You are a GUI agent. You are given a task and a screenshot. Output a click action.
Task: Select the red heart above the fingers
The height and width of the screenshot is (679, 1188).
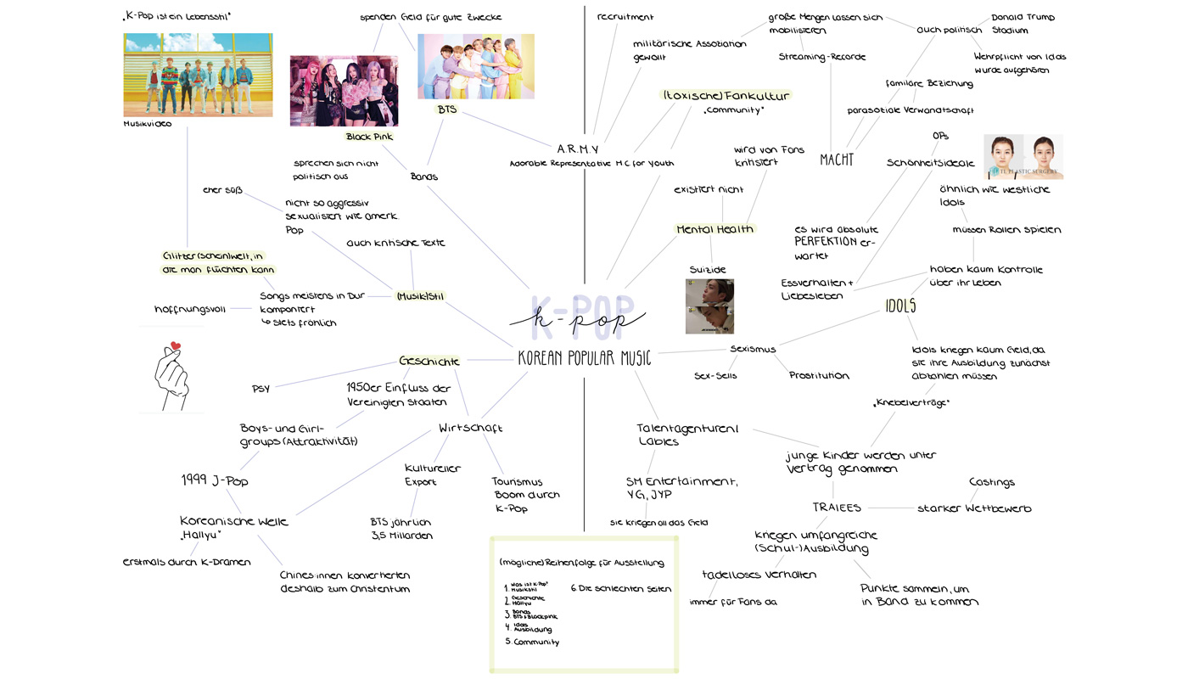[x=176, y=346]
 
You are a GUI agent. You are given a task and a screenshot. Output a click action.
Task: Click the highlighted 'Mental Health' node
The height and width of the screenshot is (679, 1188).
[x=714, y=229]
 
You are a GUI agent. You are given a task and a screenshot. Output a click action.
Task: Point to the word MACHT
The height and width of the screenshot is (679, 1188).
[x=837, y=160]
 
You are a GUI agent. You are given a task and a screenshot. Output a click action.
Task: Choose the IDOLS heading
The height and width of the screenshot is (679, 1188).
[x=900, y=306]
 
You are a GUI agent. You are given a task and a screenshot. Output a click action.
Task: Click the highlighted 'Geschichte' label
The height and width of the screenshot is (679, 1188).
[x=429, y=361]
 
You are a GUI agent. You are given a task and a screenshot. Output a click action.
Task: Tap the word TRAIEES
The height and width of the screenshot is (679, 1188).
[x=837, y=508]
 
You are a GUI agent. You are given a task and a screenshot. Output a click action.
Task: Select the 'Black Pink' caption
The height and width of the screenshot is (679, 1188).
[x=369, y=137]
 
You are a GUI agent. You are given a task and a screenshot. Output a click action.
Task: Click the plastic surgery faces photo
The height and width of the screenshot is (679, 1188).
[x=1023, y=156]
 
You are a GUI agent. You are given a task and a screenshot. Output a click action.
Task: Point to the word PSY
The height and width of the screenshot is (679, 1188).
[x=261, y=389]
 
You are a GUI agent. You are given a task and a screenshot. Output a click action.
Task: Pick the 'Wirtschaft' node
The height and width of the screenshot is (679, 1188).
[x=470, y=428]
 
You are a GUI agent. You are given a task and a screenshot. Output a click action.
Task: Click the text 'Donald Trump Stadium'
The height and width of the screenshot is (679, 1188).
[x=1023, y=24]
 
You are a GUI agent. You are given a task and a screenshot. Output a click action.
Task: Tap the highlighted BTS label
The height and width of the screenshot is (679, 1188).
[x=446, y=110]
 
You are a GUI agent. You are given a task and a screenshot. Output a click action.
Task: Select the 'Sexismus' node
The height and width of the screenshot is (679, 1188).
[x=753, y=349]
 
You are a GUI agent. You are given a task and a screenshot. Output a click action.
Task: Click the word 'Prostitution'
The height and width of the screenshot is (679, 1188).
[x=819, y=375]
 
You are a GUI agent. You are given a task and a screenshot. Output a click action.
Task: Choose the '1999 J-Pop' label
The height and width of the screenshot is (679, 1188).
[x=214, y=480]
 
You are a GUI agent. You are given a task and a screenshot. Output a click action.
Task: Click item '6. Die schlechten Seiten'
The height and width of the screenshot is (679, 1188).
[x=620, y=588]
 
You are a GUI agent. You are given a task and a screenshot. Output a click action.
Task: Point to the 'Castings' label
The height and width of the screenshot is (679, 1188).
[x=991, y=482]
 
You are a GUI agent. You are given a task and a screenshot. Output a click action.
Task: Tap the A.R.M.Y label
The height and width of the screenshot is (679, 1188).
[x=578, y=149]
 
